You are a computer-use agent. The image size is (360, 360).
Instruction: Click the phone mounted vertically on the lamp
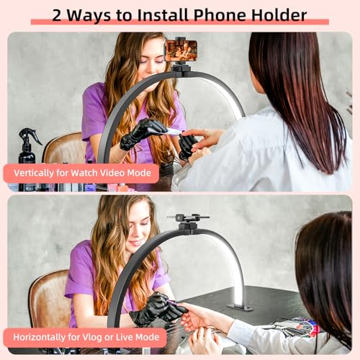tap(181, 50)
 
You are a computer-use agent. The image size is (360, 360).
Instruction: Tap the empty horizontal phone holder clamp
tap(189, 218)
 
